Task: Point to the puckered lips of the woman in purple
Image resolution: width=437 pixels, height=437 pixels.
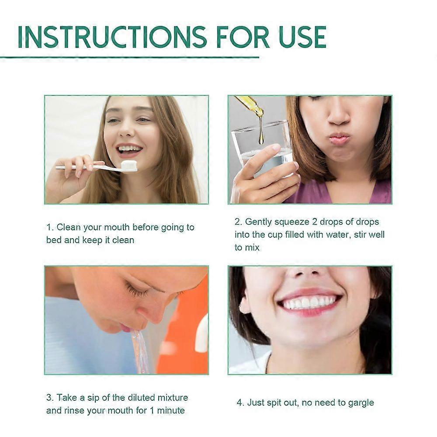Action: point(339,139)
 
